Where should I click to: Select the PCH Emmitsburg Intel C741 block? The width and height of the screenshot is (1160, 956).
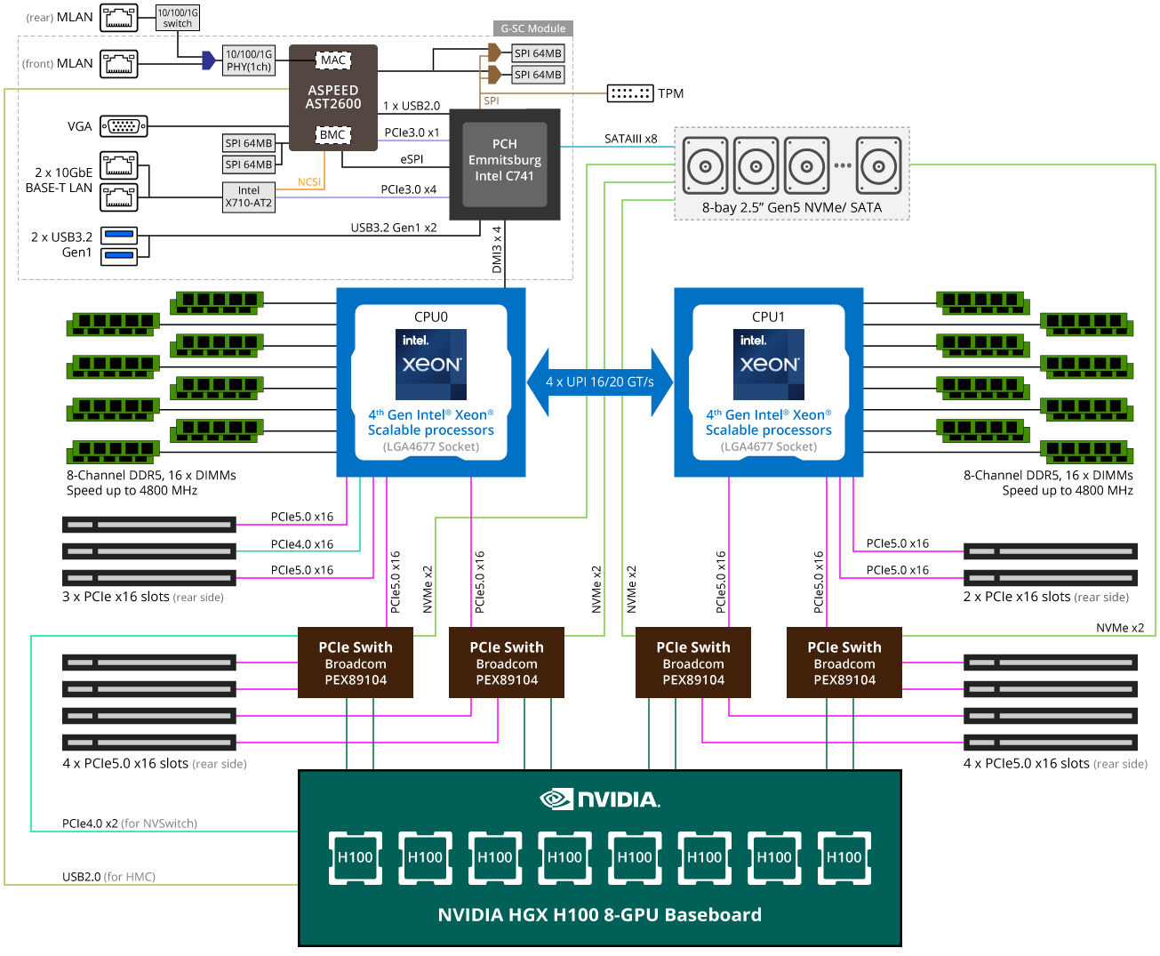[x=504, y=164]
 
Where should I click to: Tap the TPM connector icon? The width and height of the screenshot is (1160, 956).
[x=630, y=93]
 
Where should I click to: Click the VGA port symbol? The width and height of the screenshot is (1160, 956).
[x=124, y=126]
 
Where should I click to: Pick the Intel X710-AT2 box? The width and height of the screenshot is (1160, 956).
[x=249, y=197]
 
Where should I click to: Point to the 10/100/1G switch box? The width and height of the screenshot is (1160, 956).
[x=178, y=18]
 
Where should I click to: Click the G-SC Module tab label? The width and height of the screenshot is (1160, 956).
[x=532, y=28]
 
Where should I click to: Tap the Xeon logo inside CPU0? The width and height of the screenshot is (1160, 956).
[x=431, y=365]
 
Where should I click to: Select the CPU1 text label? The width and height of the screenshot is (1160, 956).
[x=768, y=317]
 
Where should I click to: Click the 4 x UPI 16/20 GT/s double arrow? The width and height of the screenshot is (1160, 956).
[x=600, y=382]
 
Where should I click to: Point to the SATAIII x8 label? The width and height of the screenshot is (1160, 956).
[x=630, y=139]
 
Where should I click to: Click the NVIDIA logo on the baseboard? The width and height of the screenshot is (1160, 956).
[x=600, y=799]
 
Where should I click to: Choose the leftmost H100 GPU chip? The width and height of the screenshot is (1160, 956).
[x=356, y=857]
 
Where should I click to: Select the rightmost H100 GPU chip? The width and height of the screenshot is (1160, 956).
[x=844, y=857]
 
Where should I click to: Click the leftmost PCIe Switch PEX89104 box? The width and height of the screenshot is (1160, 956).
[x=356, y=663]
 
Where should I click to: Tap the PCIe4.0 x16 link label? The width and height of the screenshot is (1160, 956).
[x=302, y=544]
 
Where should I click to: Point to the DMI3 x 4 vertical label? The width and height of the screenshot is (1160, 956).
[x=497, y=249]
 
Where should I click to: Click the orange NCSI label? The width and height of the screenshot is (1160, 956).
[x=309, y=182]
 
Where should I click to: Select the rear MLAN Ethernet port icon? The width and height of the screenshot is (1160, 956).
[x=119, y=18]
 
